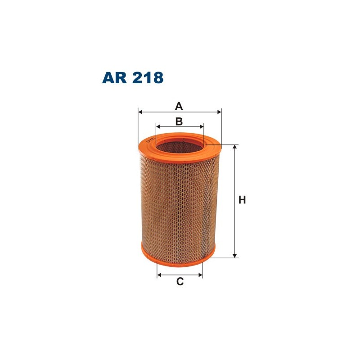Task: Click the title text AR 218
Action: (x=133, y=77)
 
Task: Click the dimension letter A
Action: (x=179, y=106)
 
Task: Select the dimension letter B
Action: (x=179, y=121)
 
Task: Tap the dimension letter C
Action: (x=180, y=282)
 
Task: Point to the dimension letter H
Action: (x=242, y=200)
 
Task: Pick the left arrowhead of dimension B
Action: (x=158, y=127)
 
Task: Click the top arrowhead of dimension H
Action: (x=235, y=148)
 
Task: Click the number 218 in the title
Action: (x=146, y=77)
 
